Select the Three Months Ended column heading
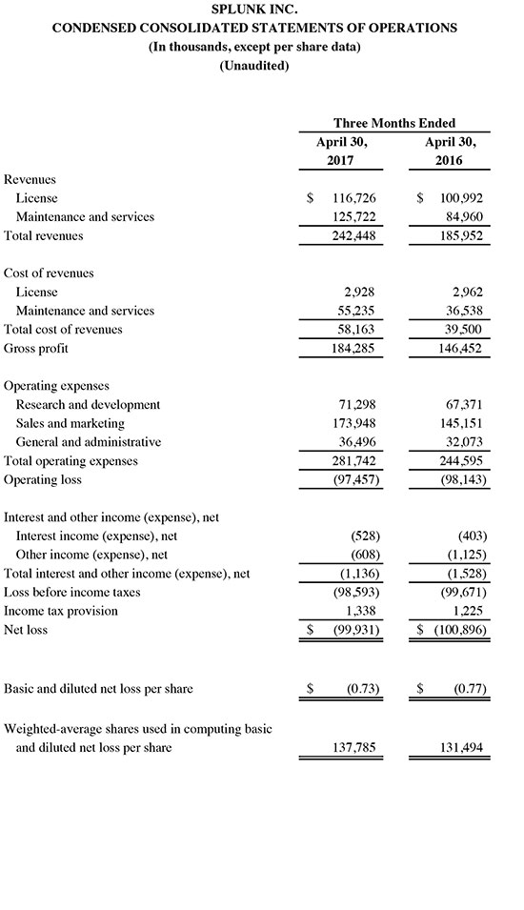pos(393,123)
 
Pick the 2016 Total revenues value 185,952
pos(462,235)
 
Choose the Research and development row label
pos(88,404)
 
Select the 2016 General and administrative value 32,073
pos(464,442)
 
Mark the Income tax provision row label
pos(61,611)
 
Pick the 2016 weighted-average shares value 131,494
pos(462,748)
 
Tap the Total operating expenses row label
pos(71,460)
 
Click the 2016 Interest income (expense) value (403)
pos(469,536)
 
